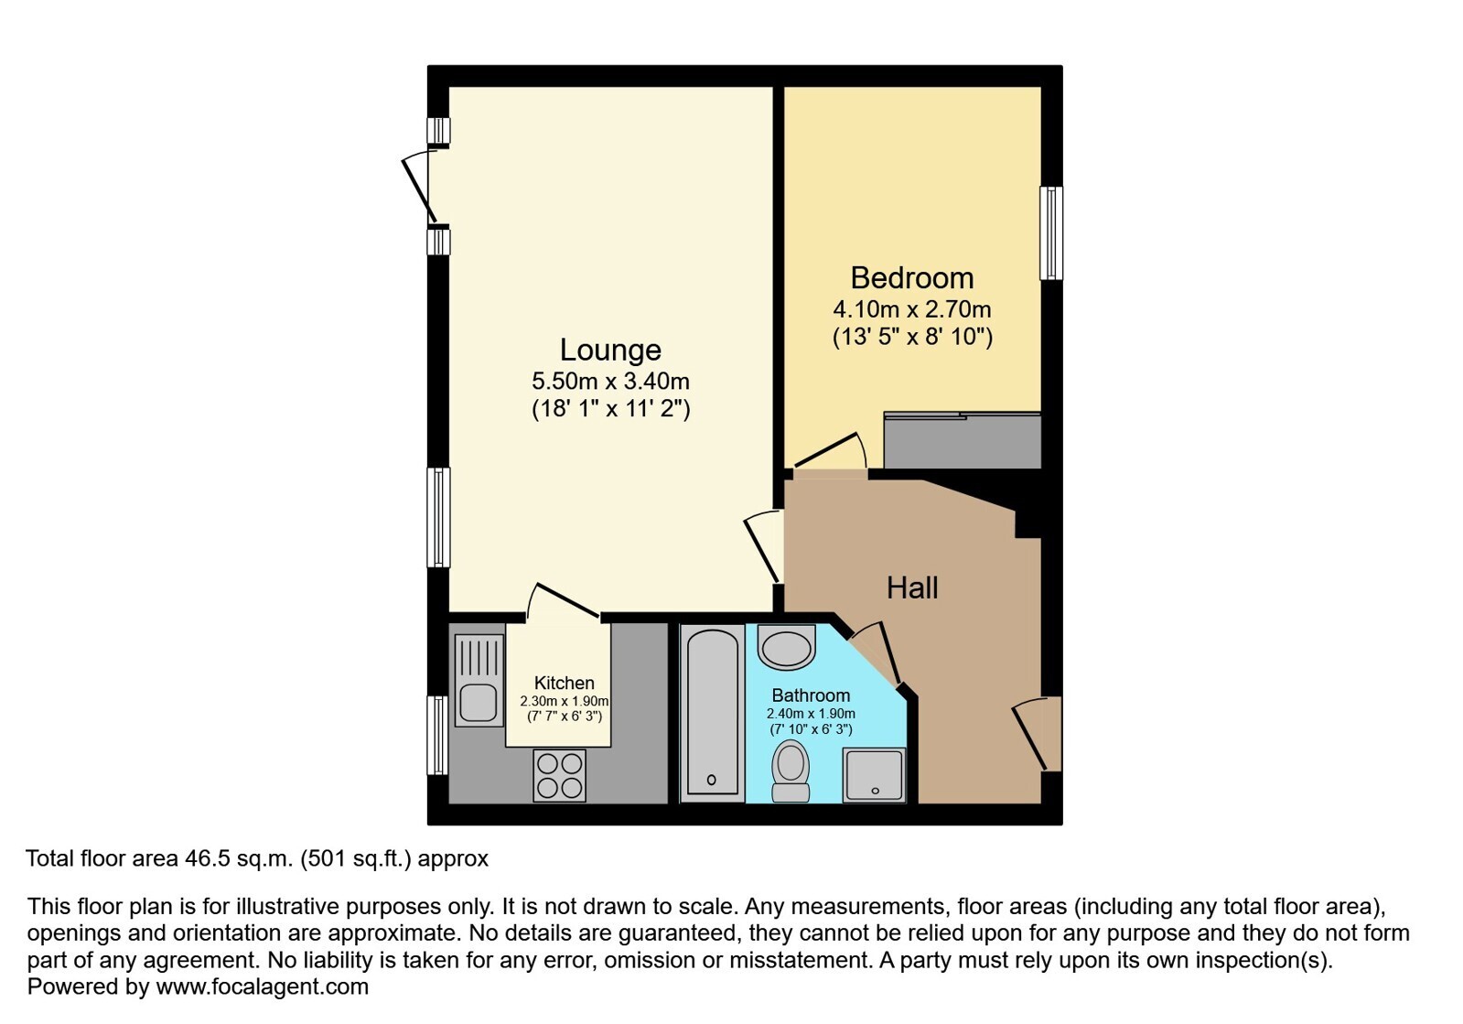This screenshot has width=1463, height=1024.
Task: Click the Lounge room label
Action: [610, 350]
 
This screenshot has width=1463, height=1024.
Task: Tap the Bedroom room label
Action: [912, 278]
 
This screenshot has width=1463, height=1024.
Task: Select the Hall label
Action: [912, 587]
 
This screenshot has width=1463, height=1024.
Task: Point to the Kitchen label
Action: [565, 683]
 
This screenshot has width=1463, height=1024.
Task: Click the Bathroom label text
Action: [811, 695]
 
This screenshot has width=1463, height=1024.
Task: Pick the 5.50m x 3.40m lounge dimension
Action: [610, 380]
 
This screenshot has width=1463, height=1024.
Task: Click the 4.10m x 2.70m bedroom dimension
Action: [912, 308]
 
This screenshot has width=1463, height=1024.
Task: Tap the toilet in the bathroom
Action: [791, 771]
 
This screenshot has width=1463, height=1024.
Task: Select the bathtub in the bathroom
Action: [712, 713]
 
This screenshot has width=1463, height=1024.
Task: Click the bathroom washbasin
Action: [786, 647]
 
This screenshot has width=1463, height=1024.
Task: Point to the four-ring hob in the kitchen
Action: [559, 775]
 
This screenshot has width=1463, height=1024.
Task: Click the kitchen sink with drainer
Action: [479, 681]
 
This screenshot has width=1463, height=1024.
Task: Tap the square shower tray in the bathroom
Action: [875, 775]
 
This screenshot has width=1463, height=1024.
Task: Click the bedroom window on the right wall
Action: [1051, 233]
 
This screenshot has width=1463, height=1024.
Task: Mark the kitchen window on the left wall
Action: [437, 736]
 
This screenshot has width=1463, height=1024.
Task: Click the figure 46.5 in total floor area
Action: [208, 858]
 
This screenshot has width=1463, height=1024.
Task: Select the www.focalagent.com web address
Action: [262, 986]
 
